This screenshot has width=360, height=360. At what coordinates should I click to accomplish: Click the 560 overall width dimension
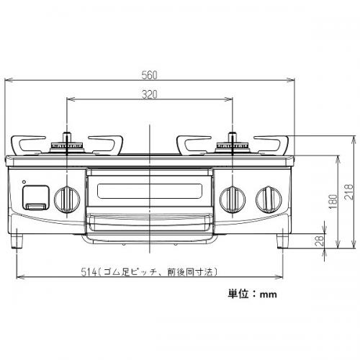(x=149, y=75)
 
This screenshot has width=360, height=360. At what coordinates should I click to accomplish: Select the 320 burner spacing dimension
(x=149, y=94)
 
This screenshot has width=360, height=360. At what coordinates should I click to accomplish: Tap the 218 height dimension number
(x=348, y=192)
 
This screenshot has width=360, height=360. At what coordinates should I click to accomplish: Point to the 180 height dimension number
(x=333, y=201)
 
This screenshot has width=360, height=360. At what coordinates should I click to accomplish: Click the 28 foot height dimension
(x=320, y=240)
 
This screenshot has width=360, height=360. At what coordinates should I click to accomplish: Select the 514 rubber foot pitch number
(x=89, y=272)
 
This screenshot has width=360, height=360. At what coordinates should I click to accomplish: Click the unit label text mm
(x=268, y=294)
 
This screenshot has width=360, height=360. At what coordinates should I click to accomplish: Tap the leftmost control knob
(x=67, y=199)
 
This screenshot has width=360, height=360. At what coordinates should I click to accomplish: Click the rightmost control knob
(x=269, y=199)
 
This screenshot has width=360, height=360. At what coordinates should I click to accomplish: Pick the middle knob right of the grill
(x=233, y=199)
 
